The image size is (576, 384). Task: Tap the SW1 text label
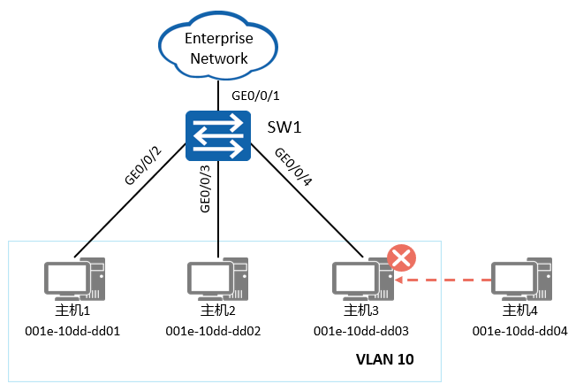(x=284, y=127)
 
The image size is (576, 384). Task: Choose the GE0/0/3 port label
(x=205, y=188)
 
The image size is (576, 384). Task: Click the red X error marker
(x=402, y=258)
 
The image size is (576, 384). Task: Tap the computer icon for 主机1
(x=76, y=279)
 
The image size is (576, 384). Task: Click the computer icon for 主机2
(x=217, y=279)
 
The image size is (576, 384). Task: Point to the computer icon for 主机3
(x=362, y=279)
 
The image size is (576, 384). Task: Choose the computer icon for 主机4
(x=521, y=279)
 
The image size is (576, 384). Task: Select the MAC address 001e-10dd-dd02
(x=217, y=331)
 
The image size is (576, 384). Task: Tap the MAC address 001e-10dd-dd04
(x=521, y=331)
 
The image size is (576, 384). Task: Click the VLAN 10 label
(x=384, y=360)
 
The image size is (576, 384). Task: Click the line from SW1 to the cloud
(x=217, y=94)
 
